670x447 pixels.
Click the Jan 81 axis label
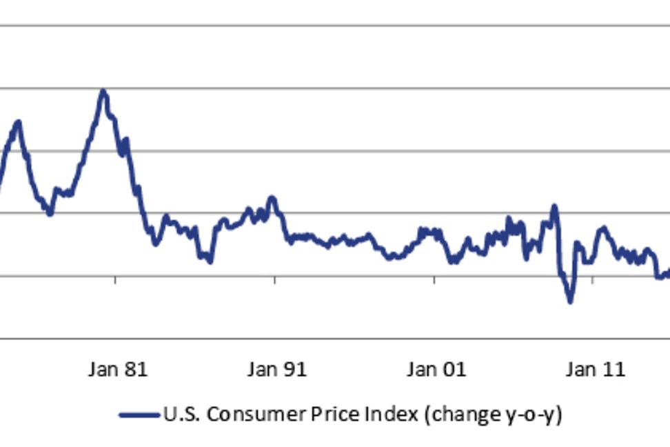(118, 370)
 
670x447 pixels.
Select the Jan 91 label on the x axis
(276, 370)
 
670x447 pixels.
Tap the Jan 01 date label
(436, 370)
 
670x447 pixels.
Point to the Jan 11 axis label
(595, 370)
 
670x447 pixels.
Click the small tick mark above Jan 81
(115, 279)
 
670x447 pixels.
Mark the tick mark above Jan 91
(274, 279)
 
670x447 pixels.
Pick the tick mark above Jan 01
(434, 279)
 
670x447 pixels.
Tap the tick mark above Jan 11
(593, 279)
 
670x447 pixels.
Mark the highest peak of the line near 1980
(103, 91)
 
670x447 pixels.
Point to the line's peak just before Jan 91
(272, 198)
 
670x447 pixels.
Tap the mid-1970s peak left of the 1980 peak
(18, 122)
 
